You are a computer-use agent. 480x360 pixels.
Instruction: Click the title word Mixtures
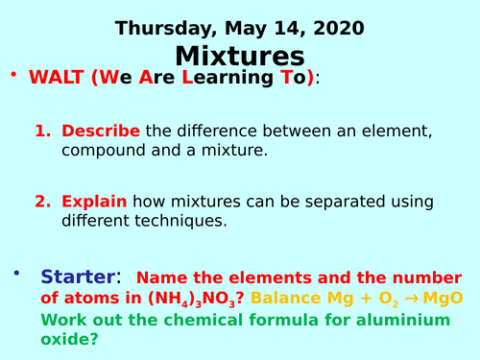(x=239, y=57)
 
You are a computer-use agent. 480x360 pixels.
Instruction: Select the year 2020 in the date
(x=338, y=28)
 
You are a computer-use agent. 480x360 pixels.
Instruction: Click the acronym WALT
(x=59, y=78)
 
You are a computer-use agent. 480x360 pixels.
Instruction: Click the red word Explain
(x=94, y=202)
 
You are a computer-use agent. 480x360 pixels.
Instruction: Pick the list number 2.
(x=41, y=202)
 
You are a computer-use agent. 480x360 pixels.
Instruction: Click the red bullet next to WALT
(x=14, y=74)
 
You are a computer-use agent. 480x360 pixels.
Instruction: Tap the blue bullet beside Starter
(x=15, y=274)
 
